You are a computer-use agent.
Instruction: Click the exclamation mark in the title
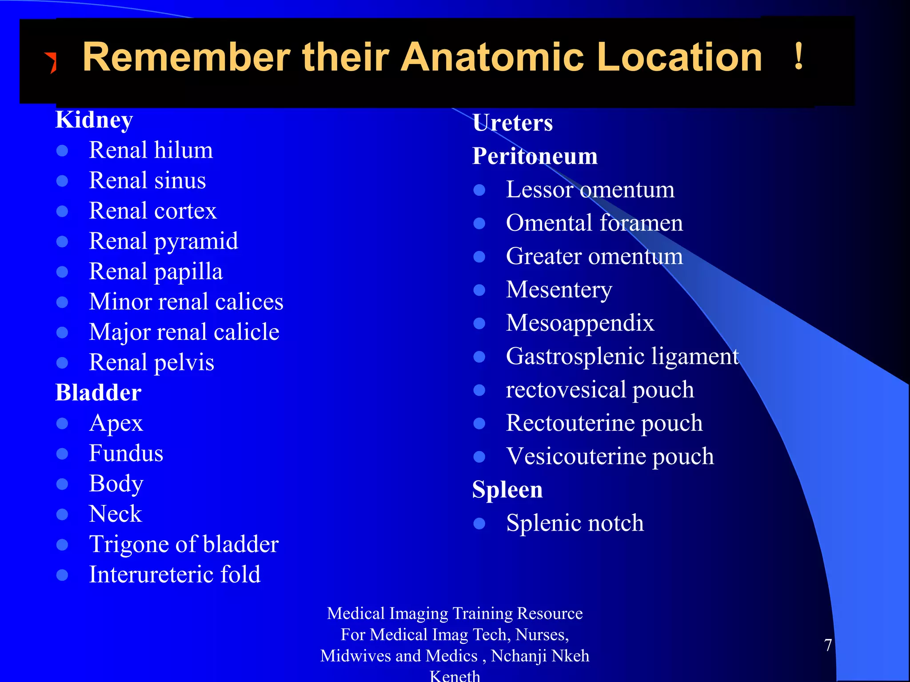[798, 57]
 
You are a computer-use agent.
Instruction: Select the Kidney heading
[94, 120]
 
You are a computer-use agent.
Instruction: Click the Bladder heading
[98, 393]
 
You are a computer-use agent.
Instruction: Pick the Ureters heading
[513, 123]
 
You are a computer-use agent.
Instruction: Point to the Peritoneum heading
[535, 156]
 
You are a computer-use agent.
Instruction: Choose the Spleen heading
[507, 489]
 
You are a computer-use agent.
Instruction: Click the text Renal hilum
[151, 150]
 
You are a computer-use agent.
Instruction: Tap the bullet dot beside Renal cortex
[62, 211]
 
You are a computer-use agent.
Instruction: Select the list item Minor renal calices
[186, 302]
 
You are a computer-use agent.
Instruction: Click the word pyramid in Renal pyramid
[196, 242]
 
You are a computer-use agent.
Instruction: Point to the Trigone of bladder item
[184, 544]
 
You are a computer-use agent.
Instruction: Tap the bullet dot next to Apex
[62, 424]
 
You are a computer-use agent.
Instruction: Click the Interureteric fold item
[175, 575]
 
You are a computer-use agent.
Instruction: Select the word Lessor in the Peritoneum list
[539, 190]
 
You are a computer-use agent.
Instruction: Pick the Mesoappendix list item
[580, 323]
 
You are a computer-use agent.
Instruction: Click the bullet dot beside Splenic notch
[479, 523]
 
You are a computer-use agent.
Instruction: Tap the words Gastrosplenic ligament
[622, 357]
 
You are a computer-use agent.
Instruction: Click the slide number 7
[828, 645]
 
